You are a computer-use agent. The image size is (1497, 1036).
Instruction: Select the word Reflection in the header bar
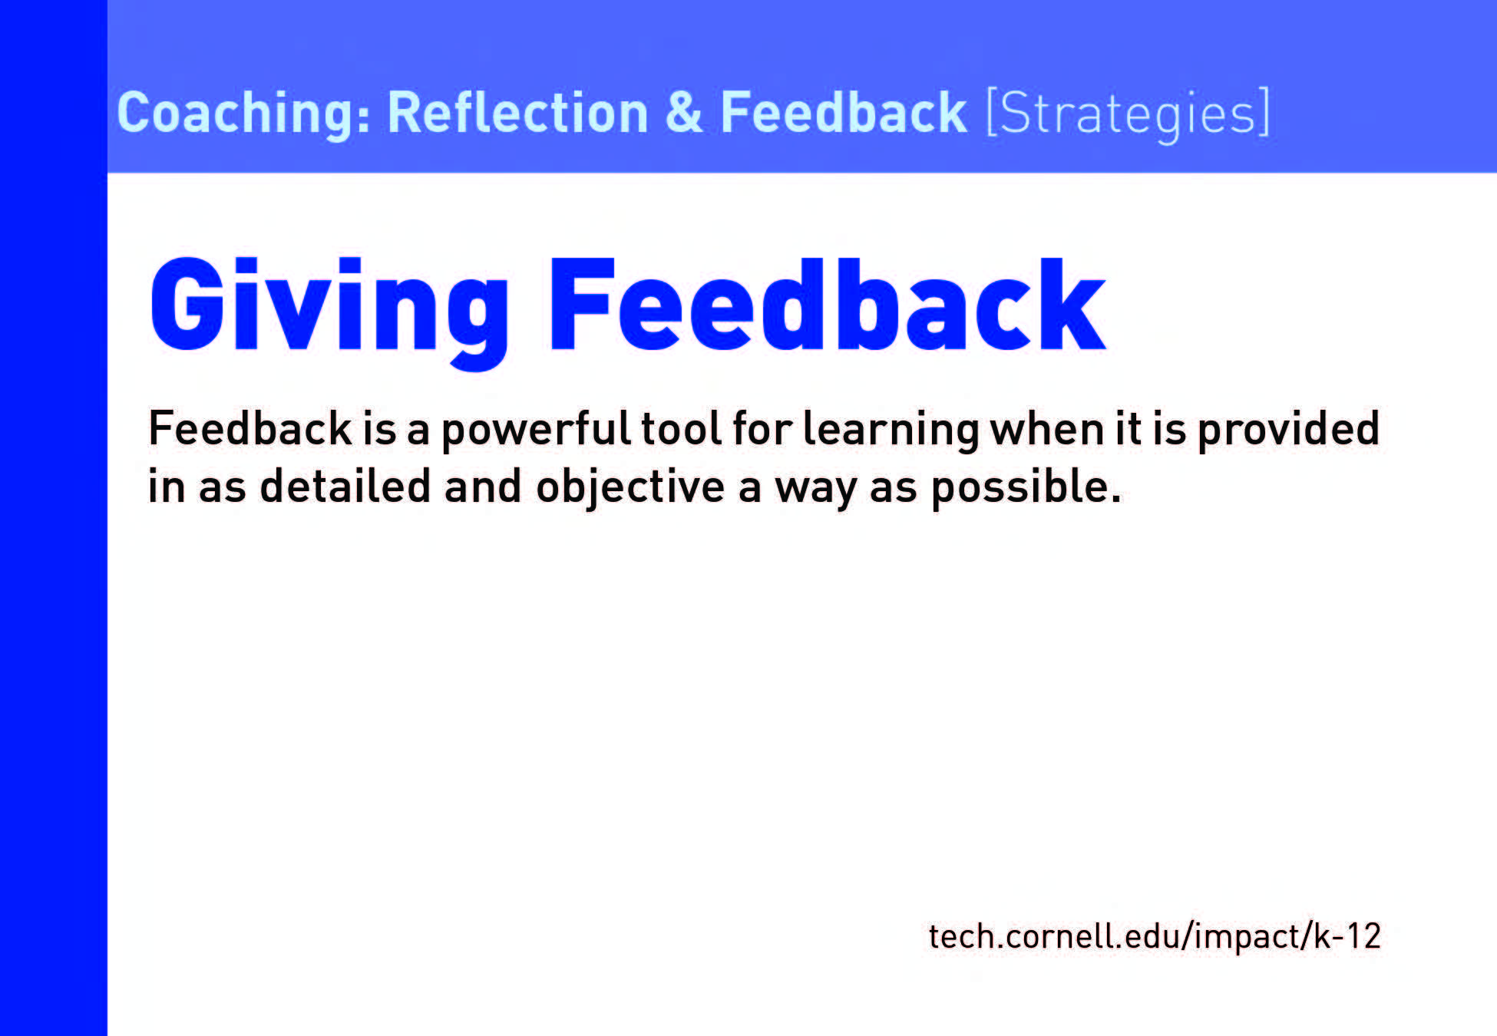coord(518,113)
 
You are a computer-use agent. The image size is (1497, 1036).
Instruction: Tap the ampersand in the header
coord(684,113)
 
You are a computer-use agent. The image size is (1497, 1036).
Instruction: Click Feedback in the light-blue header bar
coord(843,113)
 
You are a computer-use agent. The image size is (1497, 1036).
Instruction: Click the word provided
coord(1289,430)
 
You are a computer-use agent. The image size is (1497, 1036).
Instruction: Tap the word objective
coord(630,488)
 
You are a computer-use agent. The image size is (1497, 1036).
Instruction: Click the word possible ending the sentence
coord(1026,488)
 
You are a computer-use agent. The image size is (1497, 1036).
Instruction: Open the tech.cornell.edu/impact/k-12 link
coord(1155,936)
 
